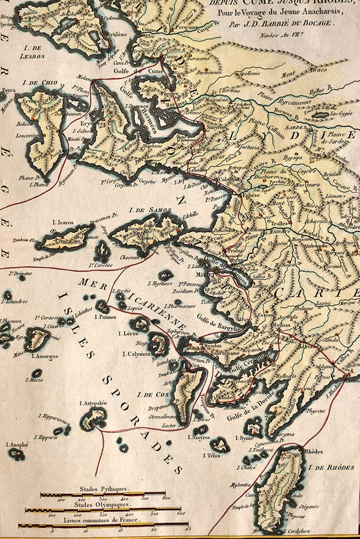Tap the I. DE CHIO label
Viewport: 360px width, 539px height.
(x=37, y=84)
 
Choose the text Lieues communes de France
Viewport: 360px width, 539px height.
(x=104, y=521)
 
